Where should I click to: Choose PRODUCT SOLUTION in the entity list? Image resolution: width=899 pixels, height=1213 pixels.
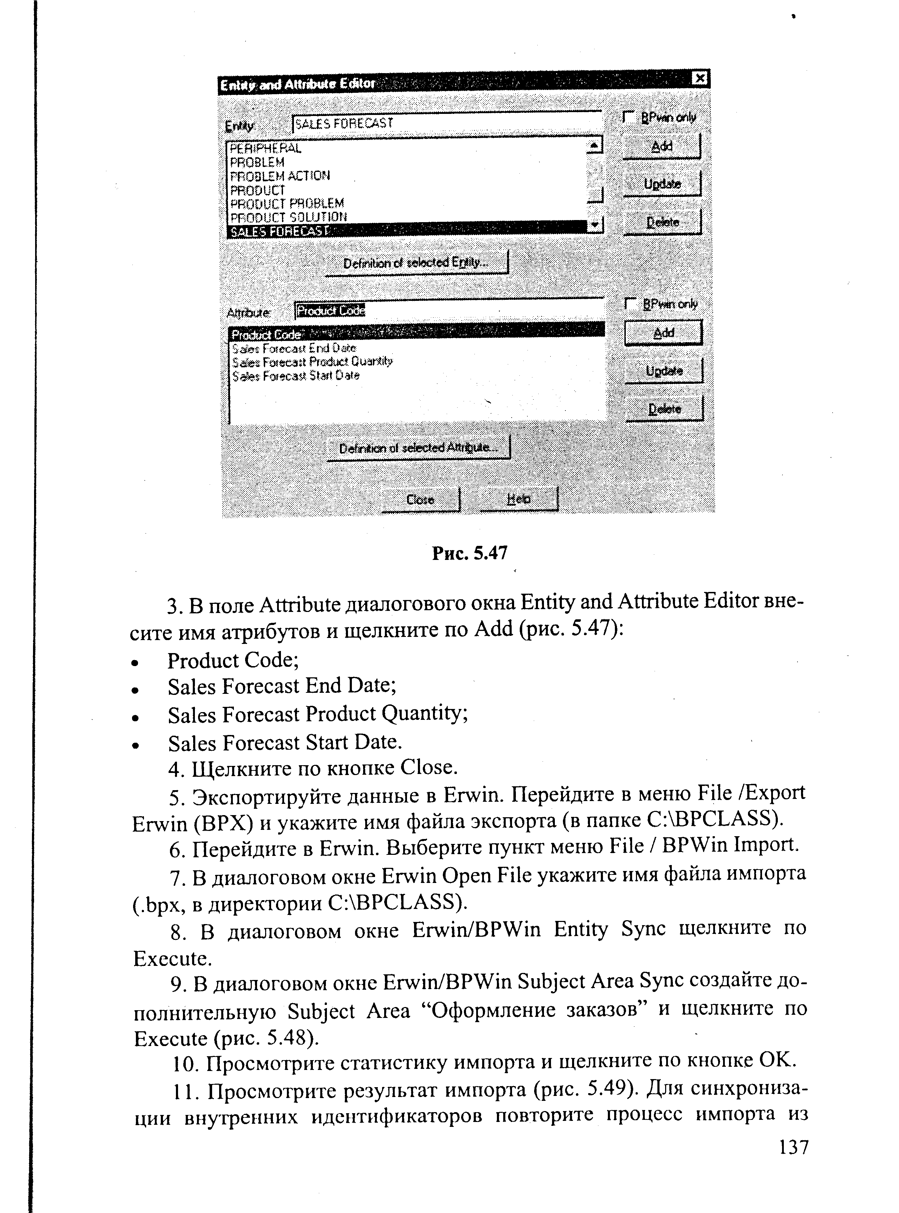coord(288,217)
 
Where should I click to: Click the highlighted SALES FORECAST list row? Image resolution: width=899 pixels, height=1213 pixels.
coord(280,231)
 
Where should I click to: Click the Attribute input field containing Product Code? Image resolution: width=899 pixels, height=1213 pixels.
coord(448,310)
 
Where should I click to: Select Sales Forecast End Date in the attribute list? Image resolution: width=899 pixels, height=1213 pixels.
coord(294,348)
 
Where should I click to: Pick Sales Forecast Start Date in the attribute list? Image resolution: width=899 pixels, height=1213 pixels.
coord(295,376)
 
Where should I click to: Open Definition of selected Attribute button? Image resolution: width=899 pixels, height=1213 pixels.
coord(418,448)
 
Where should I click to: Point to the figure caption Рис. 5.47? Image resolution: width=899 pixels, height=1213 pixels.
coord(470,553)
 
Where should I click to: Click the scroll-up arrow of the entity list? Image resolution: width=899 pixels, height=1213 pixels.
coord(595,146)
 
